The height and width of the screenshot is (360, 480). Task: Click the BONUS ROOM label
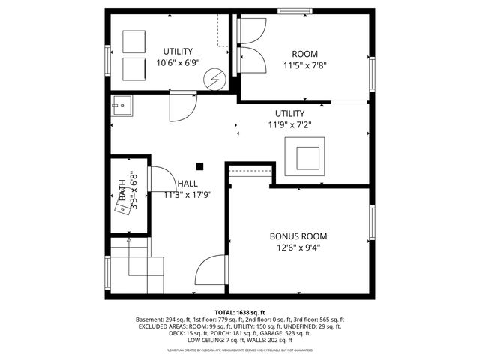click(x=298, y=235)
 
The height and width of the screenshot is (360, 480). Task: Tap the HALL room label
click(x=187, y=184)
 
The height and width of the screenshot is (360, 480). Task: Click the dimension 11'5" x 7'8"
click(x=304, y=65)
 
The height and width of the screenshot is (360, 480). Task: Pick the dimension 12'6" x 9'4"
click(x=298, y=247)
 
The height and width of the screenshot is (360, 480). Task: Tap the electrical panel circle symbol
click(x=216, y=78)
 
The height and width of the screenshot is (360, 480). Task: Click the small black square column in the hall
click(x=199, y=166)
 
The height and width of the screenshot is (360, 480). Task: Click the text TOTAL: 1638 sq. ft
click(x=240, y=312)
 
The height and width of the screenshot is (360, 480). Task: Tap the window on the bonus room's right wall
click(x=371, y=224)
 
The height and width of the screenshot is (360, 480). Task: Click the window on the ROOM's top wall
click(x=290, y=10)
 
